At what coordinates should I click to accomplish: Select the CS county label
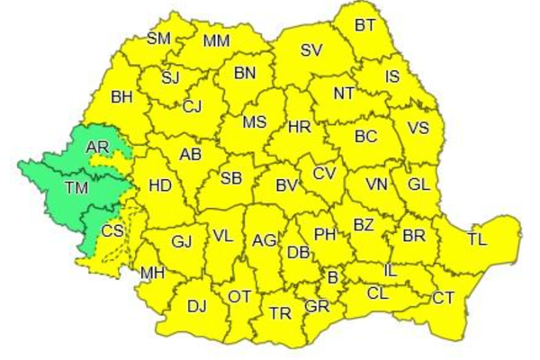(112, 231)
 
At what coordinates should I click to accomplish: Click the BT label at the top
(364, 26)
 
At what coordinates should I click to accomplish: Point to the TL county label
(477, 240)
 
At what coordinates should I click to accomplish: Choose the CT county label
(443, 298)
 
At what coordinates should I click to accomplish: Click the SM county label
(158, 39)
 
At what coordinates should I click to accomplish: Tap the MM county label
(216, 41)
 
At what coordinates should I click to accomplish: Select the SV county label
(311, 50)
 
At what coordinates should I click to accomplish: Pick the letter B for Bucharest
(332, 277)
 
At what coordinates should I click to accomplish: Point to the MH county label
(151, 274)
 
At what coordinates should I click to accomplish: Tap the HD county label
(159, 186)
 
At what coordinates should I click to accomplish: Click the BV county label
(286, 186)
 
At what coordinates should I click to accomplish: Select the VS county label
(418, 128)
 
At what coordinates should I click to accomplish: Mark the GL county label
(418, 184)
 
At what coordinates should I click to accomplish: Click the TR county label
(281, 313)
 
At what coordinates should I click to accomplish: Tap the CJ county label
(192, 107)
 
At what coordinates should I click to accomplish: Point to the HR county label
(299, 127)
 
